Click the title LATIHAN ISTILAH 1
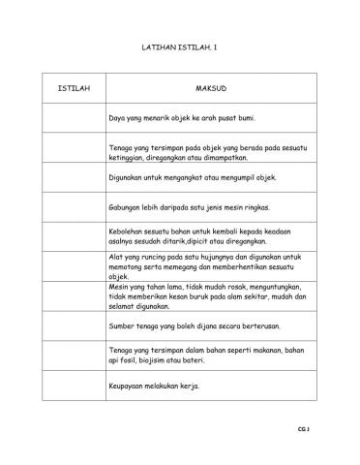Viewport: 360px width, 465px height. point(179,46)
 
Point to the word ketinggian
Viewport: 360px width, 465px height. point(131,157)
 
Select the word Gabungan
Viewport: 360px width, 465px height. point(130,207)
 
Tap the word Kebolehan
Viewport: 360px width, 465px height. point(131,232)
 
